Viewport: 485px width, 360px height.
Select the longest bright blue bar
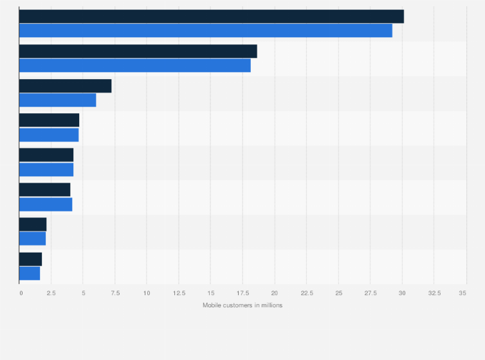click(x=205, y=30)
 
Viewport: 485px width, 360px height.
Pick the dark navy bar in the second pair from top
click(x=138, y=51)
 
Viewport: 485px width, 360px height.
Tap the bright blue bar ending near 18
click(x=134, y=65)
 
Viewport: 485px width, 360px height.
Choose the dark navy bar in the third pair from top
click(x=65, y=86)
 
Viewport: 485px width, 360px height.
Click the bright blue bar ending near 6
click(x=57, y=100)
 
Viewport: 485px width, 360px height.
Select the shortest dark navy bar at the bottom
click(x=30, y=259)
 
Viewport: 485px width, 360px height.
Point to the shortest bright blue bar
click(x=30, y=273)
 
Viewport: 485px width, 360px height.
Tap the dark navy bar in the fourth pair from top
click(x=49, y=120)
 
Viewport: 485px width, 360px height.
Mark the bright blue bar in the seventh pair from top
click(x=32, y=239)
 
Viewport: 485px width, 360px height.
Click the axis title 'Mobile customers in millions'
click(x=243, y=305)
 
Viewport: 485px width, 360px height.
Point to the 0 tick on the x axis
click(x=21, y=293)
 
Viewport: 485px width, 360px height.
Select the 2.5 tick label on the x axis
click(x=51, y=293)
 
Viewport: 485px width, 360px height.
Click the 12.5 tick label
click(x=178, y=293)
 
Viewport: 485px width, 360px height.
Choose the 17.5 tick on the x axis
click(x=243, y=293)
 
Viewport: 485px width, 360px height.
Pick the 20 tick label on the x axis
click(x=275, y=293)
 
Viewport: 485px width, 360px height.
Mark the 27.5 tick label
click(x=370, y=293)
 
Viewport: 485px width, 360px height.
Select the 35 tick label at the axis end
click(x=462, y=293)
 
